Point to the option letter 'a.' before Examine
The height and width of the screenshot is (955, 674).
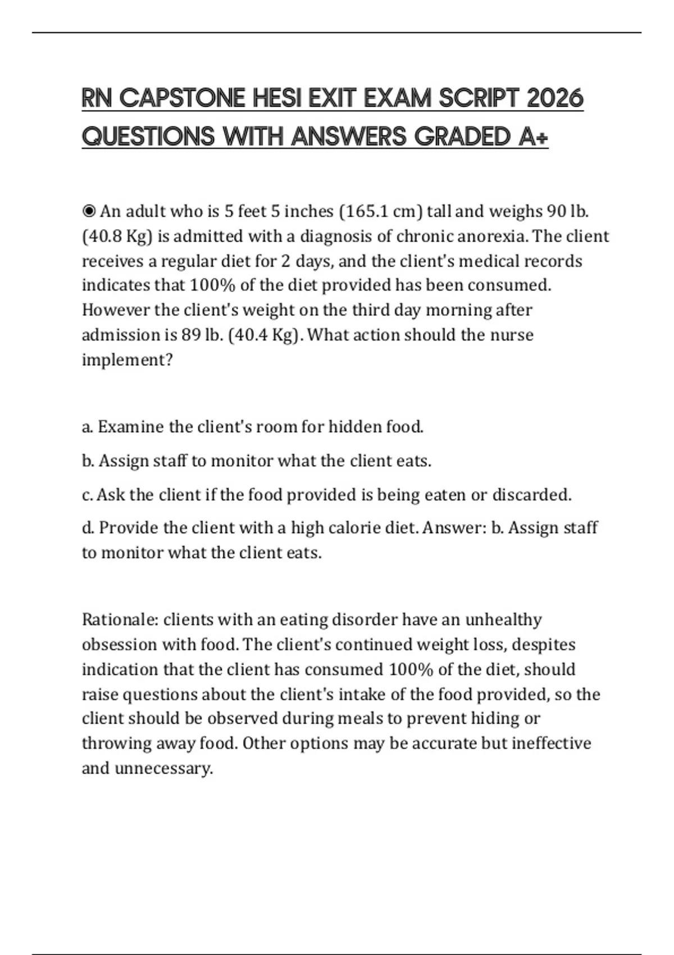coord(88,428)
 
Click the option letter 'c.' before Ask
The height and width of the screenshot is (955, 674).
coord(88,495)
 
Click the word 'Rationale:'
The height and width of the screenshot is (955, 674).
coord(120,620)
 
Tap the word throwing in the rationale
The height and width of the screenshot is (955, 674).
coord(117,743)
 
